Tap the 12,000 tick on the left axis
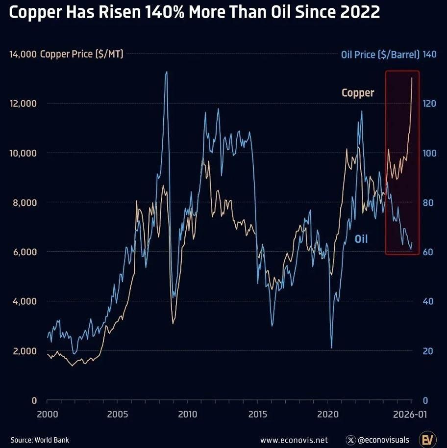click(x=23, y=104)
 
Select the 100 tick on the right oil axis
click(x=429, y=153)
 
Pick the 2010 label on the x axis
click(x=187, y=415)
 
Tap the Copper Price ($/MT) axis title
click(x=81, y=54)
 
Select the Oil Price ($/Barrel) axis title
click(x=380, y=54)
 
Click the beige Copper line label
click(x=358, y=93)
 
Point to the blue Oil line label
click(x=361, y=239)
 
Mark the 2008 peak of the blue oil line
click(x=167, y=72)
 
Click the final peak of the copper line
click(x=412, y=78)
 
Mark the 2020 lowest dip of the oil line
click(x=332, y=347)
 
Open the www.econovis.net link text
click(x=294, y=440)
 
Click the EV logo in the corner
click(x=427, y=439)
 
